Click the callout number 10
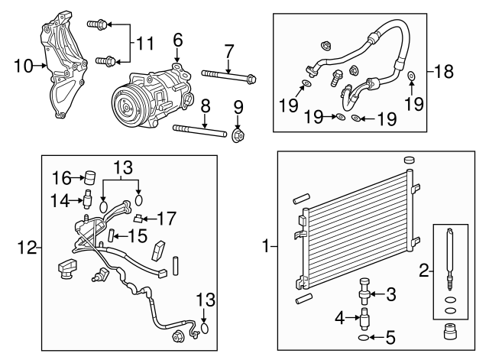click(24, 66)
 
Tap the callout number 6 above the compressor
click(177, 39)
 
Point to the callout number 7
click(228, 51)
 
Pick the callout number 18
click(443, 72)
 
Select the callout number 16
click(63, 178)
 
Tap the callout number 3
click(390, 294)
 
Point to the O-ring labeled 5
click(362, 336)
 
